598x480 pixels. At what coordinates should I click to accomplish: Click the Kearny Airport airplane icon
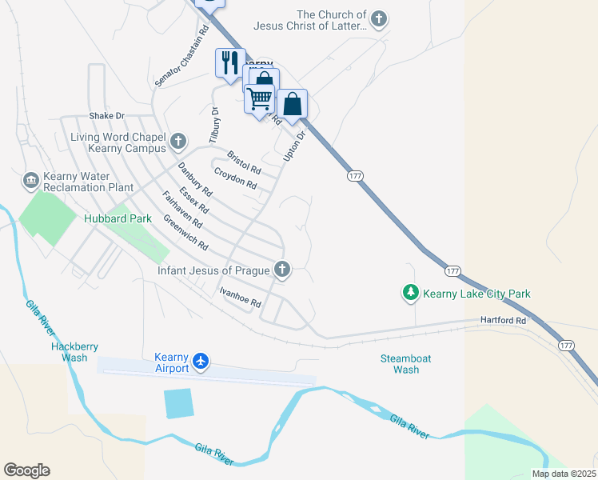pos(200,362)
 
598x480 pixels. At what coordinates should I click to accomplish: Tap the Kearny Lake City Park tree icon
pos(411,294)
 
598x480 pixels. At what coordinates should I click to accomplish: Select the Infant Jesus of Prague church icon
pos(281,270)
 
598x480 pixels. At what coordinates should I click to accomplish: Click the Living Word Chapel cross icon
pos(177,142)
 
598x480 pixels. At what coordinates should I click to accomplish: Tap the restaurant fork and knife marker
pos(230,62)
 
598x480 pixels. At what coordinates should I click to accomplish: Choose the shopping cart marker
pos(258,99)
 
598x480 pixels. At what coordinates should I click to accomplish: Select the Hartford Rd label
pos(503,320)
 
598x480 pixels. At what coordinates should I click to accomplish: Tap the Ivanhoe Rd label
pos(241,297)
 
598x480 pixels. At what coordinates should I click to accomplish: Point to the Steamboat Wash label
pos(406,364)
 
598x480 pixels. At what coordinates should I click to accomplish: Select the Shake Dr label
pos(107,116)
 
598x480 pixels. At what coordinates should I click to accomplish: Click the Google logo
pos(26,470)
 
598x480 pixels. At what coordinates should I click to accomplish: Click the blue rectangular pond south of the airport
pos(179,403)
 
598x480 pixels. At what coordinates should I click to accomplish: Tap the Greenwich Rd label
pos(185,232)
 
